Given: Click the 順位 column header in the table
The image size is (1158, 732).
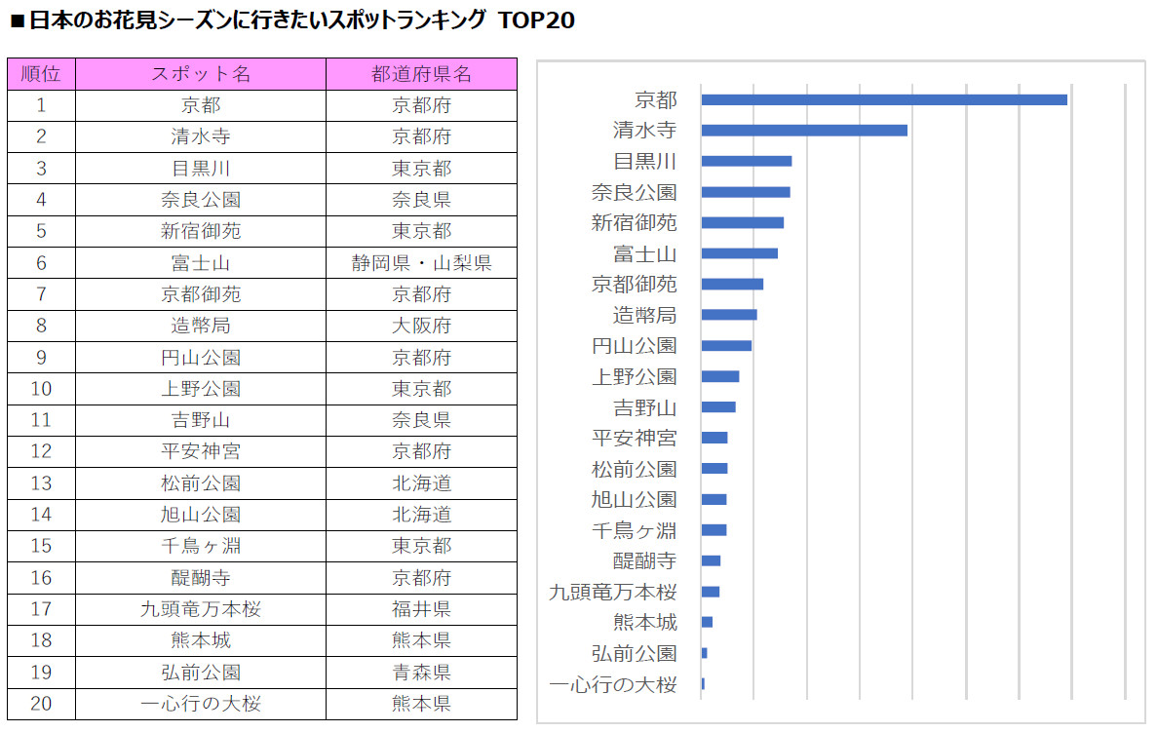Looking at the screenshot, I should (41, 74).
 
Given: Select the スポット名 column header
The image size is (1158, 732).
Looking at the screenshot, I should (201, 74).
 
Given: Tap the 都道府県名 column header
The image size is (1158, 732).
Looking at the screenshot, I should (421, 74).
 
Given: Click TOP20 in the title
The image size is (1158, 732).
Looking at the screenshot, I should (536, 20).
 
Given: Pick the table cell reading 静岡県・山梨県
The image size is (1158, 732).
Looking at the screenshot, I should (421, 263).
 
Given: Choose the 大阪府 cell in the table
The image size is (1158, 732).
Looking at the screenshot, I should (421, 326).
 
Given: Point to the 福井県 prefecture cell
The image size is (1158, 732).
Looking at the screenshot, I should (421, 609).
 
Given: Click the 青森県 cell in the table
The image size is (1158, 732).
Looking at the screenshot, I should (421, 673).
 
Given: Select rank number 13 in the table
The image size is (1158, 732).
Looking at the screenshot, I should (41, 483).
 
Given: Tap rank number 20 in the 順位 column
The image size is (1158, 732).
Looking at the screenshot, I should (41, 704).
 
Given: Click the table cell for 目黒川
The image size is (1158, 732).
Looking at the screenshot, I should (201, 169).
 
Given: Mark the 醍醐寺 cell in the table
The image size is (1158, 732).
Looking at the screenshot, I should (201, 578).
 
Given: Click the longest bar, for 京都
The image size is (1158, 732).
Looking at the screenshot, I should (883, 99).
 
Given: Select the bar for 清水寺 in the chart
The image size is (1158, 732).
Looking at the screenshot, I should (803, 131).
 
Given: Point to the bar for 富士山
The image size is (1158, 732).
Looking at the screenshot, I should (739, 253).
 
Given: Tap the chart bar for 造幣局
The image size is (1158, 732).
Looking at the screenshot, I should (728, 315).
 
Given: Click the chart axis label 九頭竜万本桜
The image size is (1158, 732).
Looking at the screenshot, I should (612, 592).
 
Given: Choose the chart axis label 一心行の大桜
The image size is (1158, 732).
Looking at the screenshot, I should (612, 684).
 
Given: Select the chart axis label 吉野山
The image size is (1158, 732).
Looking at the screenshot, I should (644, 407).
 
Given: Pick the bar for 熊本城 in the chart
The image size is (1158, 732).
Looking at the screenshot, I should (707, 622).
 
